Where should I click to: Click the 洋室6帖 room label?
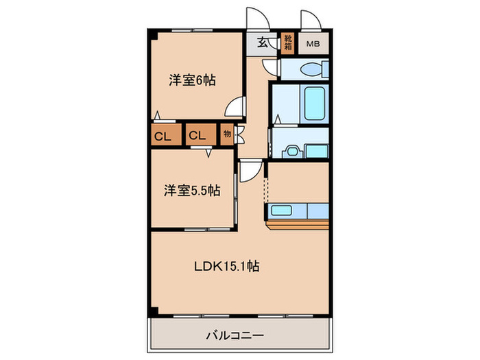coord(193,80)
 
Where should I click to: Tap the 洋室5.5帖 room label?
coord(192,191)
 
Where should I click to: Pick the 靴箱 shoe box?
coord(288,44)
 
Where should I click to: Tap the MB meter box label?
coord(313,45)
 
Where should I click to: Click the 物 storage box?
coord(227,135)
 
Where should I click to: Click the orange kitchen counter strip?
coord(298,224)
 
